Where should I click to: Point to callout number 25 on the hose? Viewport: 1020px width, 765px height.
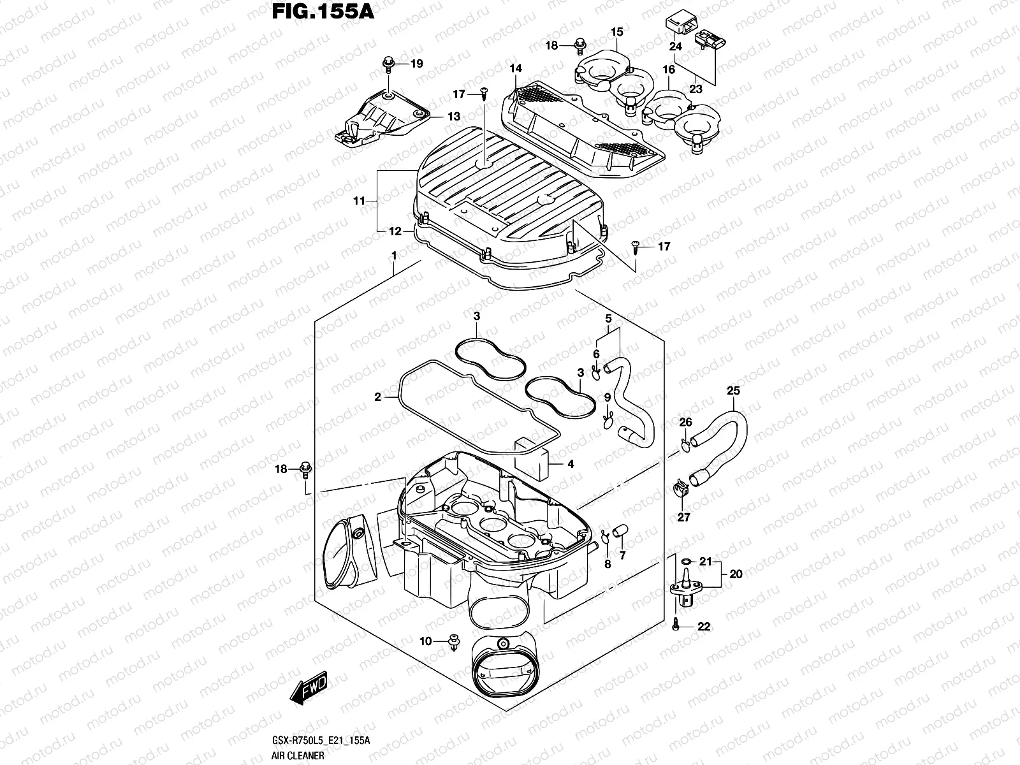733,391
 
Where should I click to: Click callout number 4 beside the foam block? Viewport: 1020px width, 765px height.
570,464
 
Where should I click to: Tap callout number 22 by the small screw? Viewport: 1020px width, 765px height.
703,627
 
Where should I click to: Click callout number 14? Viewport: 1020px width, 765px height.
515,68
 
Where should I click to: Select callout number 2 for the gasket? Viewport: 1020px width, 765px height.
378,397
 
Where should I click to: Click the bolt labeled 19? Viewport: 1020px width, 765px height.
386,63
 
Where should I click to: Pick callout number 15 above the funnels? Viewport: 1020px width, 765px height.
616,31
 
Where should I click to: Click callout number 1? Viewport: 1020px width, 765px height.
395,256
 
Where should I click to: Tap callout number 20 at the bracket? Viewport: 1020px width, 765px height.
736,574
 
